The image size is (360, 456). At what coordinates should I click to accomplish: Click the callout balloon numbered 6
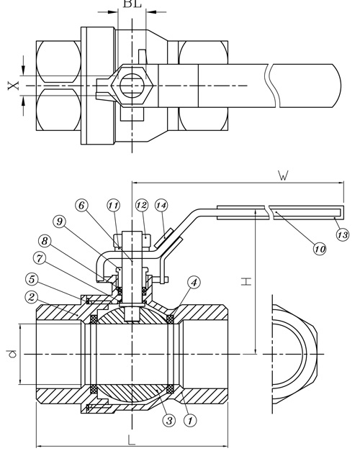click(81, 205)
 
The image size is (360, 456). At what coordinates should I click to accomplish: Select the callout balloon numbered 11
click(114, 206)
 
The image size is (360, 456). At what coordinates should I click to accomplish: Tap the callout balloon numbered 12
click(142, 205)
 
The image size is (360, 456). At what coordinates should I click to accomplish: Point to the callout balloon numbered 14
click(161, 206)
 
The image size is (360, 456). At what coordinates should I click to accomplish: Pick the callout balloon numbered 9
click(59, 222)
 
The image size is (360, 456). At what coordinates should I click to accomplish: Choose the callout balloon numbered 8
click(45, 241)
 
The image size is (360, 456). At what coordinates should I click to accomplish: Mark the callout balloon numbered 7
click(40, 258)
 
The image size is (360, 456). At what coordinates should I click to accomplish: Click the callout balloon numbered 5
click(32, 279)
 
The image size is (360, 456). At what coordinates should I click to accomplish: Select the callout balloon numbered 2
click(32, 297)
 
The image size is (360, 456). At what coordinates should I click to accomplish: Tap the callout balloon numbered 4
click(194, 283)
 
